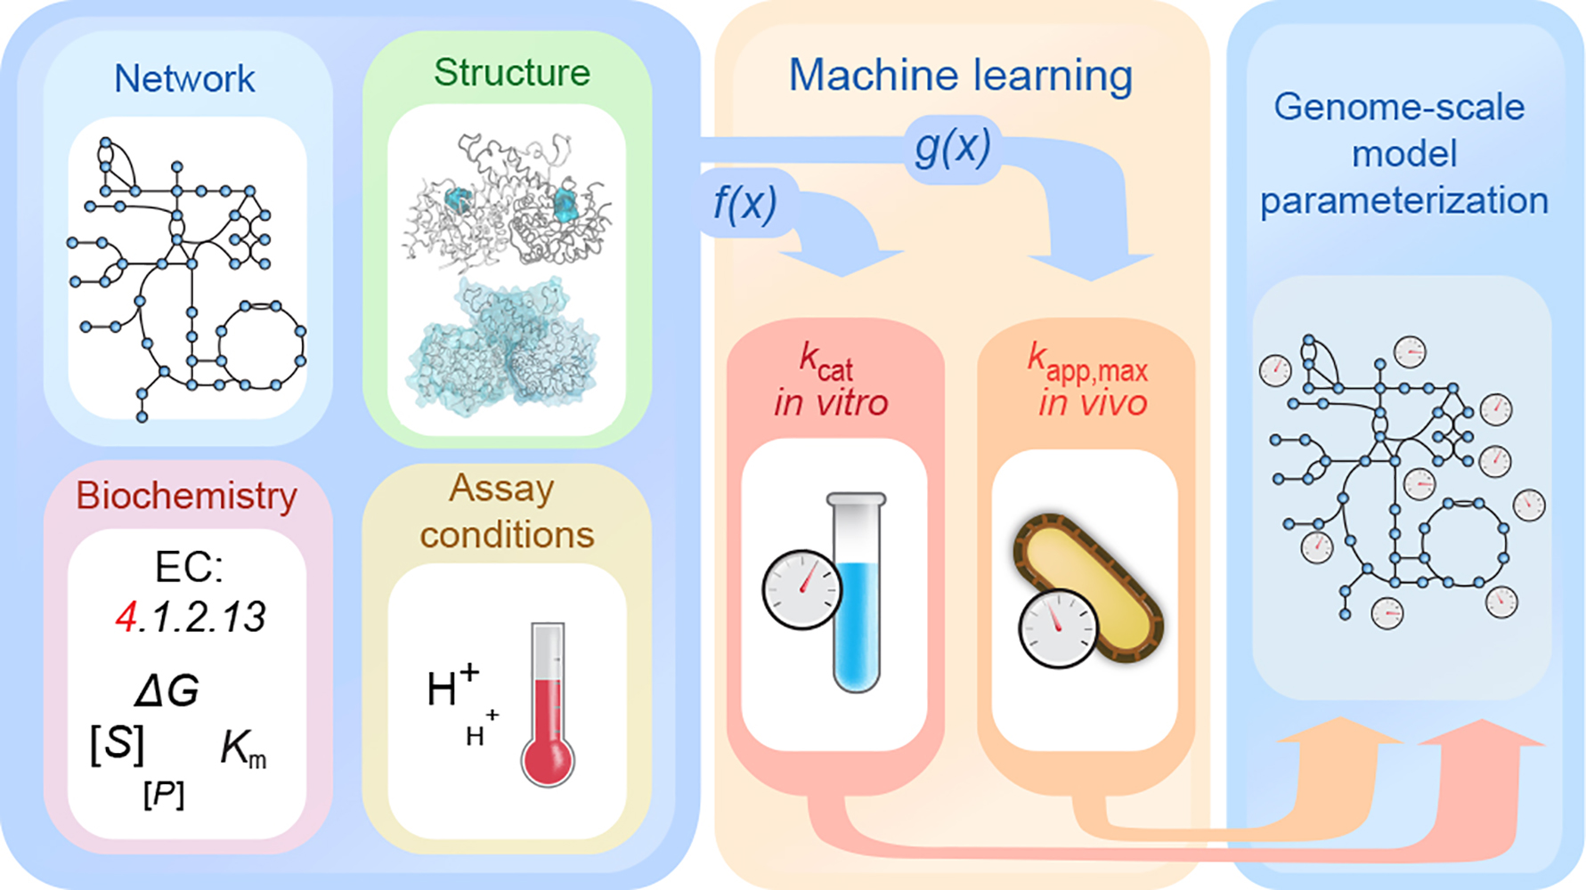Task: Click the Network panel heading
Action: pos(184,79)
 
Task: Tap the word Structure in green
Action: pos(512,73)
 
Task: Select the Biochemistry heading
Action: pos(186,496)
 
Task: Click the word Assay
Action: pos(501,489)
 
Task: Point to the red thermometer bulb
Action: pos(547,759)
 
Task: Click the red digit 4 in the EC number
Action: pos(126,617)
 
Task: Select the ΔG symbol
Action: pos(167,691)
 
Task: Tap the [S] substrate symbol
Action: pos(118,743)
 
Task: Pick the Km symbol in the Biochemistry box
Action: pos(242,749)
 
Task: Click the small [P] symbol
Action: pos(164,794)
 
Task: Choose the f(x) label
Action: pos(744,204)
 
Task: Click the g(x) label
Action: pos(952,147)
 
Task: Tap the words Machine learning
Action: pos(960,76)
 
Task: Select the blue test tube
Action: pos(856,605)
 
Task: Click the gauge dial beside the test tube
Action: pos(801,589)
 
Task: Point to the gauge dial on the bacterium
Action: pos(1057,627)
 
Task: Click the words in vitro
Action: pos(831,403)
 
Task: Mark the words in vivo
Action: pos(1092,403)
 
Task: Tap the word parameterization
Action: pos(1404,201)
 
